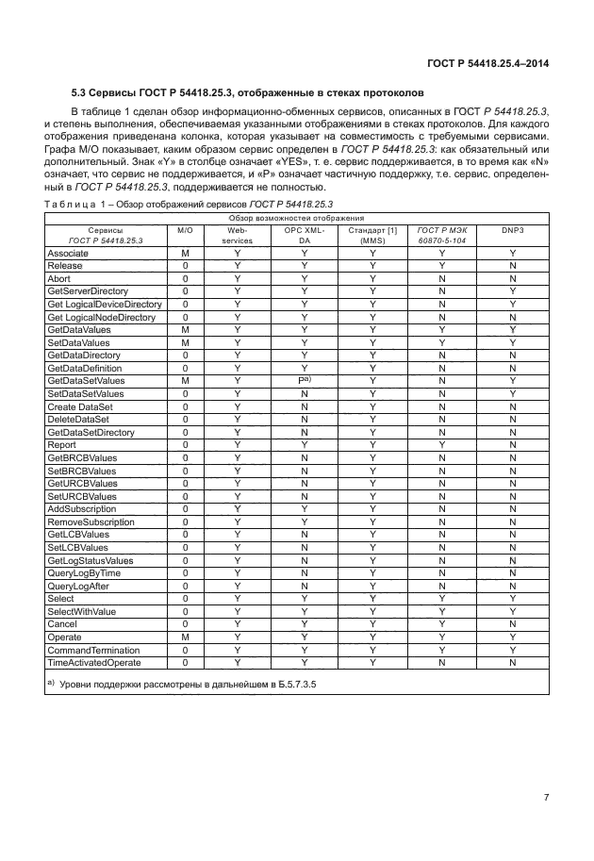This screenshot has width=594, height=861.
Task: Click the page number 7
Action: click(x=546, y=799)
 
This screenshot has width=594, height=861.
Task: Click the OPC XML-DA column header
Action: click(x=304, y=235)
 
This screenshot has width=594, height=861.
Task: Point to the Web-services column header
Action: click(x=237, y=235)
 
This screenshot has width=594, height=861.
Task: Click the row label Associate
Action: click(x=68, y=253)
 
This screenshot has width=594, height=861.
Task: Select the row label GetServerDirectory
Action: click(x=88, y=291)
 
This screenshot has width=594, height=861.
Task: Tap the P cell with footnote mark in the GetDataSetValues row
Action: click(x=304, y=380)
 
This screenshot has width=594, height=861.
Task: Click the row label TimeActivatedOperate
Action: click(x=93, y=663)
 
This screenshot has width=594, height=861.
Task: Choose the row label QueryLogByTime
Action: click(x=84, y=572)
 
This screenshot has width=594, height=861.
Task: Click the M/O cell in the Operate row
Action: click(x=185, y=637)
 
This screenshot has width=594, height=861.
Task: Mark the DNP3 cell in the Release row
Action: click(x=512, y=266)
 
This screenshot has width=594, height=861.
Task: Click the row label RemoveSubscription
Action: click(x=91, y=522)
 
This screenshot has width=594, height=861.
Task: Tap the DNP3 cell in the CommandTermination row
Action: click(x=512, y=650)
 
